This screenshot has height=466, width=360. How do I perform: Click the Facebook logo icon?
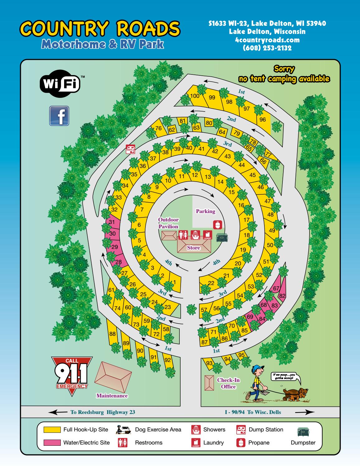point(59,116)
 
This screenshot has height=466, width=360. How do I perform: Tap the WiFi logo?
point(60,84)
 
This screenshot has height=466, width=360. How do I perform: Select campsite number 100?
point(195,96)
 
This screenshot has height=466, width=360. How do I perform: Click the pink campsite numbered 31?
point(112,222)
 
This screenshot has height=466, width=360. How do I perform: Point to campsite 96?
point(263,120)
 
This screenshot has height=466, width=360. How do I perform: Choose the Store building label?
point(193,248)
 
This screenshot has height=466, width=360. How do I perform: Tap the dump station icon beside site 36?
point(130,149)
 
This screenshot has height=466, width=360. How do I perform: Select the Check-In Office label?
point(228,383)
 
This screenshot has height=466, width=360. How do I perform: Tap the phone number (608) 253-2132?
point(267,48)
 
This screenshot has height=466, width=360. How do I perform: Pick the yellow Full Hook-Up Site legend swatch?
point(52,430)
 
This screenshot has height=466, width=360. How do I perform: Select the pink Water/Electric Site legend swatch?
point(52,443)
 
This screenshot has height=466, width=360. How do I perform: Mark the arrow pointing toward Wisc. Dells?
point(305,412)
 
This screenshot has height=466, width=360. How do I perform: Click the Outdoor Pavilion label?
point(168,223)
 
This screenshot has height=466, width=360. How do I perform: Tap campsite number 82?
point(282,296)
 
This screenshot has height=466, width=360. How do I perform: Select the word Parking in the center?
point(206,211)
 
